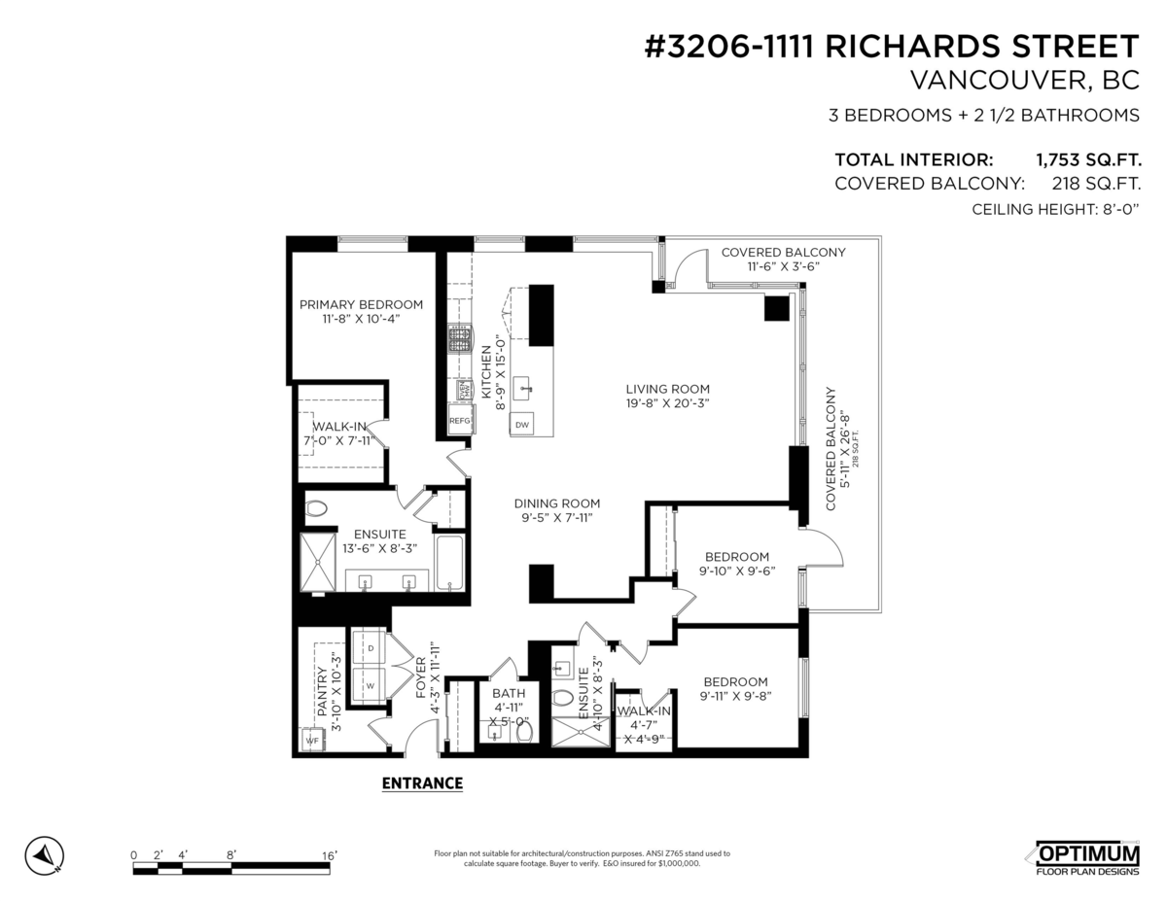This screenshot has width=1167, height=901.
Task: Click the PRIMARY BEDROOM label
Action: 361,303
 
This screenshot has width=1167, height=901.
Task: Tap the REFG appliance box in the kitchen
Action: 459,421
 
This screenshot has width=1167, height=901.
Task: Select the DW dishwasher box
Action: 522,425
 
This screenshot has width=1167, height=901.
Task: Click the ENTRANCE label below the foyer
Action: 422,783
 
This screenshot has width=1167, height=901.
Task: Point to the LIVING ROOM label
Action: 667,388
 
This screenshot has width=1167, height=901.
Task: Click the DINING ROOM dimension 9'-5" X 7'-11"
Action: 557,518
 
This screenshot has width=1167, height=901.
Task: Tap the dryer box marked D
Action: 370,647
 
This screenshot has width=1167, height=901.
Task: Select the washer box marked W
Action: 370,684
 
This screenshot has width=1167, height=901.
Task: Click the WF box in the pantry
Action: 312,741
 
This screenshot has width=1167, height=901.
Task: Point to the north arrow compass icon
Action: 44,854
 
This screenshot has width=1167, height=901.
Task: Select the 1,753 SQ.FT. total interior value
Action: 1088,160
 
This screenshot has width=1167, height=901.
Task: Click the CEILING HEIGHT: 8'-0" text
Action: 1055,209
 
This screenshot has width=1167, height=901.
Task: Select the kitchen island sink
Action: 524,387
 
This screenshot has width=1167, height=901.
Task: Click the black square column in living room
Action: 776,308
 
